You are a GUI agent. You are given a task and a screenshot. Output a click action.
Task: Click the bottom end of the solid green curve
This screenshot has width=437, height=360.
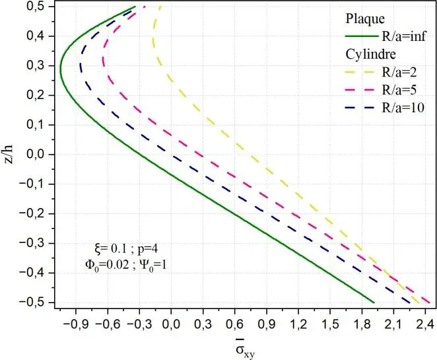[x=374, y=302]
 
